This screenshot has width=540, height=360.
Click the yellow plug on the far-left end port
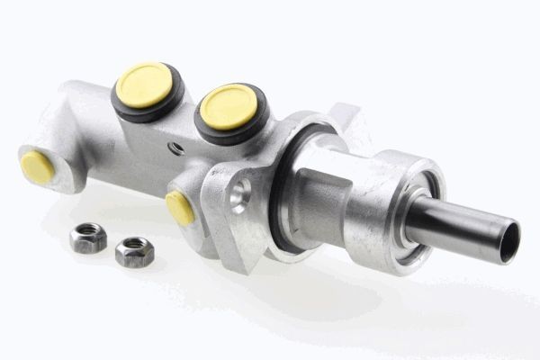(37, 166)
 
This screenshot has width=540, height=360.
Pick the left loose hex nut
(87, 238)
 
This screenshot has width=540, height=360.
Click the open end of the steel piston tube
(510, 241)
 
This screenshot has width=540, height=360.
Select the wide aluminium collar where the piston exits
(396, 211)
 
